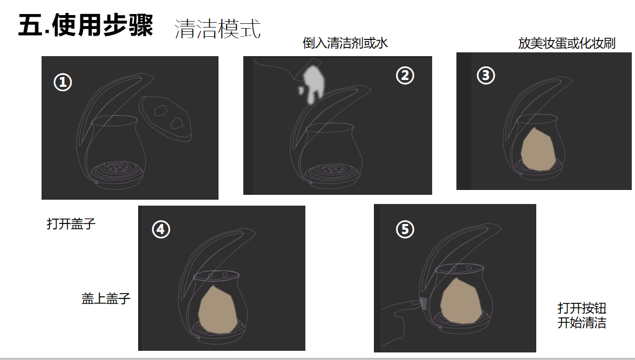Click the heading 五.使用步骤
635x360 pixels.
(85, 25)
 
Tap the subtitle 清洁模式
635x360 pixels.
(217, 29)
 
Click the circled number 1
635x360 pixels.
(63, 82)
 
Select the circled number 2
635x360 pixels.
(405, 76)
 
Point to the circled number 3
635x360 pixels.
(486, 76)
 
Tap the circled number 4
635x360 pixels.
(161, 229)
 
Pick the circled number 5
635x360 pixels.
(405, 229)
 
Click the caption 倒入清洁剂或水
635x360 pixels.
(345, 43)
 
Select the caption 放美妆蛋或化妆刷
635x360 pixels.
(566, 43)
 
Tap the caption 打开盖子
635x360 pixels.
(71, 223)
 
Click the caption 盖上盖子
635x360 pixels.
(106, 298)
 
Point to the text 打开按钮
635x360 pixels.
(582, 308)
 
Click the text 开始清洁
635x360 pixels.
(582, 323)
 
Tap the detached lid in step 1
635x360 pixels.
(165, 118)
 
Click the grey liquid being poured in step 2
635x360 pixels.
(313, 84)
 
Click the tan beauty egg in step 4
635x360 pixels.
(217, 309)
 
